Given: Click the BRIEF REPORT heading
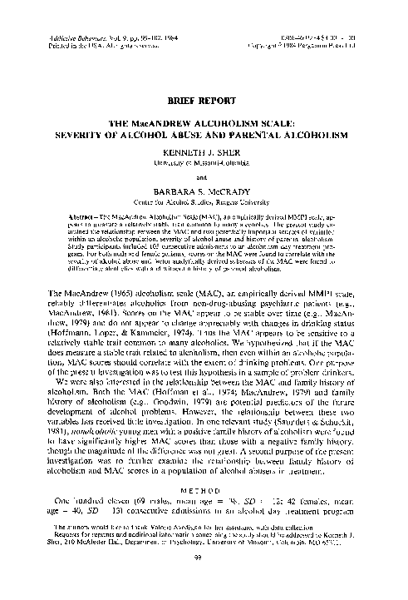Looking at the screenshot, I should pos(204,97).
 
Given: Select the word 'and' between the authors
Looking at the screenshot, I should pos(204,176).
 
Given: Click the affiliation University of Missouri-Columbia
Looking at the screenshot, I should pos(204,163).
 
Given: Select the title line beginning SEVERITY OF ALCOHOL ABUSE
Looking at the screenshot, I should pos(204,132).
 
